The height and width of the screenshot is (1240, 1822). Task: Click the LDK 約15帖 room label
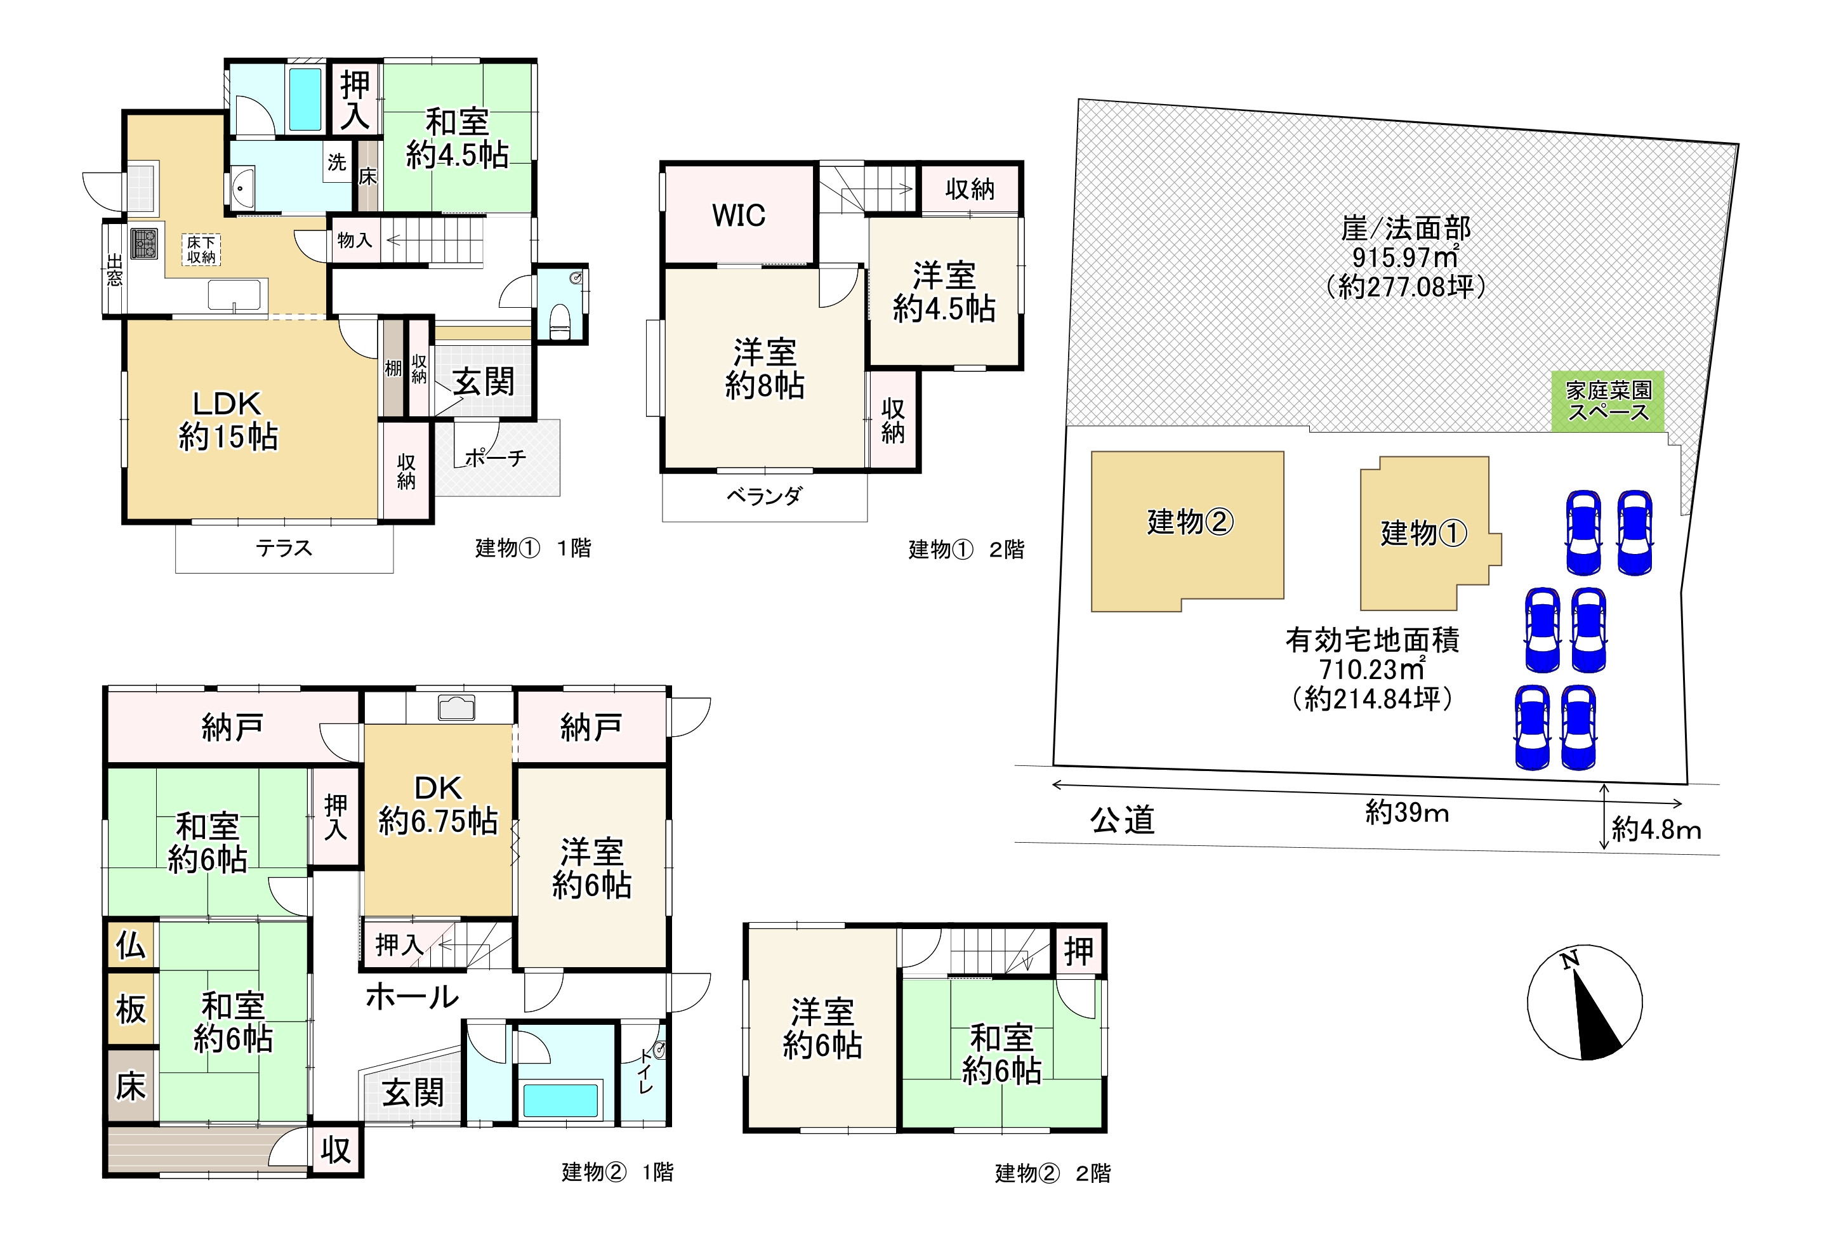pyautogui.click(x=227, y=420)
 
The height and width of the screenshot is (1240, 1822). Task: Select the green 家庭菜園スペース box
pyautogui.click(x=1608, y=401)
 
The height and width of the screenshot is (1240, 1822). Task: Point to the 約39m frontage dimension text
pyautogui.click(x=1406, y=812)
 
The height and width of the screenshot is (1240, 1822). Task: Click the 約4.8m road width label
pyautogui.click(x=1656, y=829)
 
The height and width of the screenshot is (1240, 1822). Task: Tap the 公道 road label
pyautogui.click(x=1122, y=820)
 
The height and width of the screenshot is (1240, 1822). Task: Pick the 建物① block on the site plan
pyautogui.click(x=1423, y=533)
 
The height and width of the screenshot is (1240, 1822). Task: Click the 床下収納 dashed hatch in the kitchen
pyautogui.click(x=201, y=250)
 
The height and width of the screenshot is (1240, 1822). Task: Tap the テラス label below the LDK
pyautogui.click(x=284, y=548)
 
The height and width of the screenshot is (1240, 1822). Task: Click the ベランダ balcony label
pyautogui.click(x=763, y=496)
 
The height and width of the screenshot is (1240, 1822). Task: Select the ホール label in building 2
pyautogui.click(x=412, y=996)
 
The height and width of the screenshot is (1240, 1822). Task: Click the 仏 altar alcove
pyautogui.click(x=131, y=946)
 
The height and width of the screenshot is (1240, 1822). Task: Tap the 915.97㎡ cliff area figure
pyautogui.click(x=1405, y=257)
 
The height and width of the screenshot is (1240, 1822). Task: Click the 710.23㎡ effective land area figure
pyautogui.click(x=1372, y=669)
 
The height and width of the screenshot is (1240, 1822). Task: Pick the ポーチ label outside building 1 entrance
pyautogui.click(x=495, y=458)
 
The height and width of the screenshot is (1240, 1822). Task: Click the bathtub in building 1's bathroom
pyautogui.click(x=305, y=99)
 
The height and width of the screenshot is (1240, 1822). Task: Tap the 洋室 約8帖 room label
pyautogui.click(x=764, y=369)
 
